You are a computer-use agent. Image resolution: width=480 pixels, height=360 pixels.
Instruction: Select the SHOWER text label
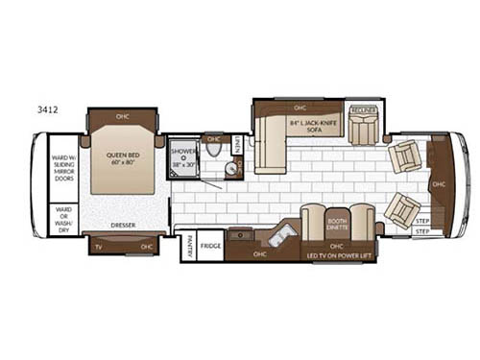[182, 151]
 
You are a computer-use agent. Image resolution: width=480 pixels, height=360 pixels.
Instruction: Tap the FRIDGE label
[212, 246]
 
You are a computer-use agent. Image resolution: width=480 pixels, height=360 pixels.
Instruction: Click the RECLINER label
[362, 109]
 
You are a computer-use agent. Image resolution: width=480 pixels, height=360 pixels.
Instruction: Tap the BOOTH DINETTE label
[337, 225]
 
